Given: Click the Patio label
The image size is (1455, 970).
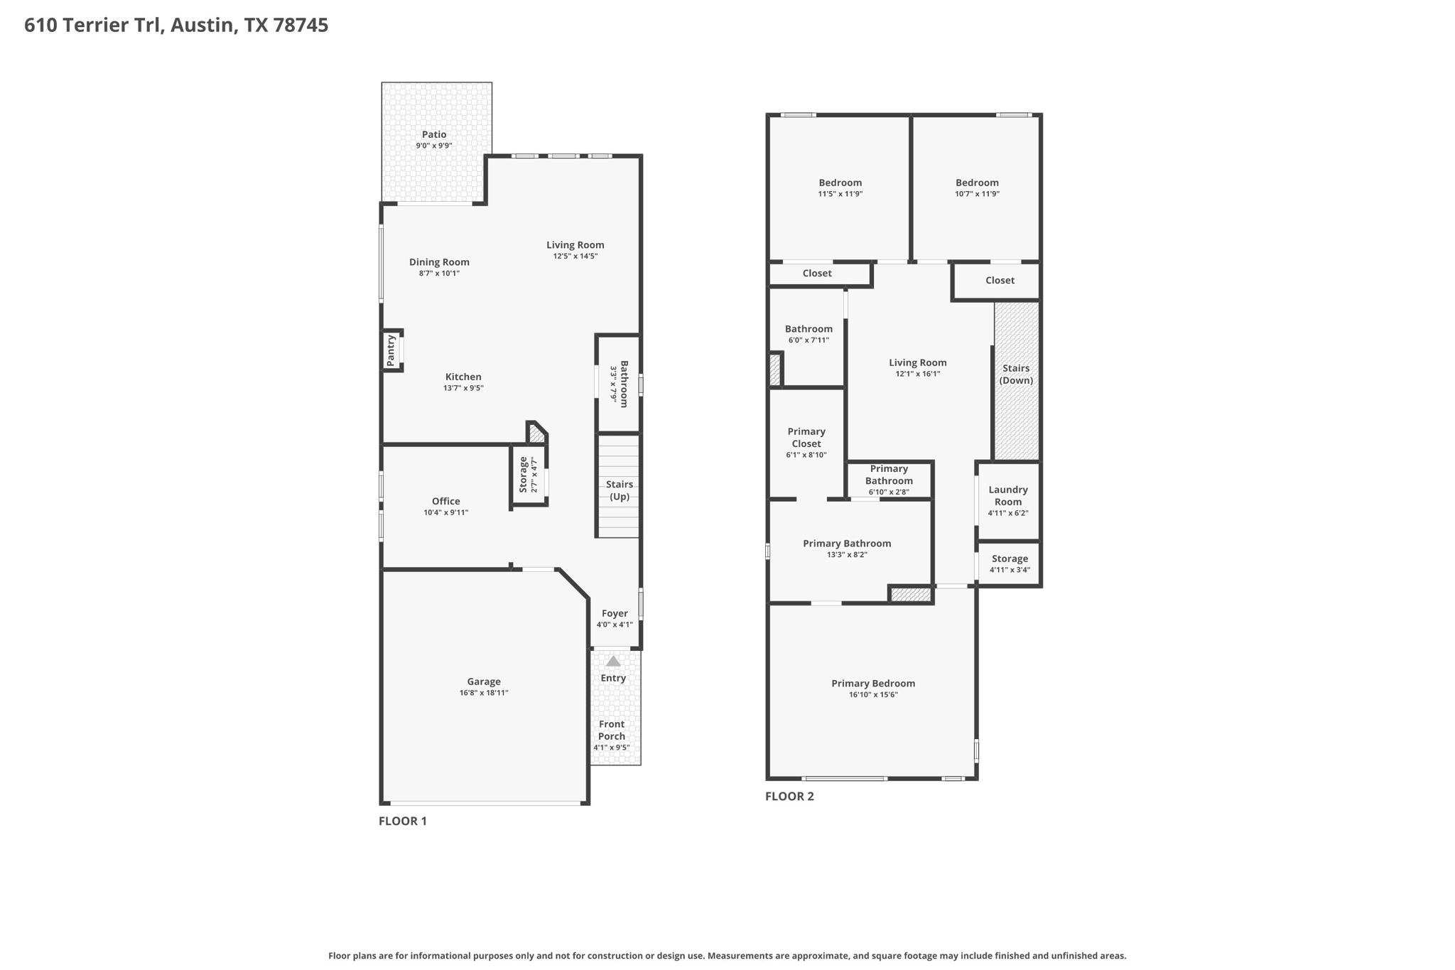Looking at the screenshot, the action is [434, 134].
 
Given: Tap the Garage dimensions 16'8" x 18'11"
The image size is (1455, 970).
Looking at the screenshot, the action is [484, 693].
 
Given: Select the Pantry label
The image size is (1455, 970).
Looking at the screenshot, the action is [391, 351].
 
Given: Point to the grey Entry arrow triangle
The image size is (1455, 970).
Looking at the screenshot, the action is [613, 661].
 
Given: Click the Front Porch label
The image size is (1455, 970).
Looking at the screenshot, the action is [612, 731].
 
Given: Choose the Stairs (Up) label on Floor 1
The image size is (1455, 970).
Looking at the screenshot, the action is [620, 490].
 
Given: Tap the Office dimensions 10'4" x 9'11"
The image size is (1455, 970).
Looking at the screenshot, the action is [446, 512].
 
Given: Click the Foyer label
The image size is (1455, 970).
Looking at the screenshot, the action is [615, 613].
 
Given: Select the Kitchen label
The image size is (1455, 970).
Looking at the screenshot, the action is [463, 377].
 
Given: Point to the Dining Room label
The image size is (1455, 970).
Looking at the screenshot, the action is [439, 262].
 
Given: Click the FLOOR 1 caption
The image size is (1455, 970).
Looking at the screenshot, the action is [403, 821].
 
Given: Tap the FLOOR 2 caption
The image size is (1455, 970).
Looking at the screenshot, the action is [789, 796].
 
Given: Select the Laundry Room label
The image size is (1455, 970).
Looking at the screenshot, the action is [1008, 495].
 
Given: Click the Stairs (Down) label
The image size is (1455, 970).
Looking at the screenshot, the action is [1016, 374].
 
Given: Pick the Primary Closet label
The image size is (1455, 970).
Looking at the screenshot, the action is [806, 437].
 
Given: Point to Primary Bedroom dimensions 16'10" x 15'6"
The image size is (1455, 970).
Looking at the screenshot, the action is [873, 695].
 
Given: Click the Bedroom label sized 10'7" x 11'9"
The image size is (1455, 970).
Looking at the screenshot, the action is [977, 183].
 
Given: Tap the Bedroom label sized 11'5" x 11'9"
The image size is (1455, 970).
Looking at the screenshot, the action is [840, 183].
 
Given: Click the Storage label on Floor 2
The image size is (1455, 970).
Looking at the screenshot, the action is [1010, 559].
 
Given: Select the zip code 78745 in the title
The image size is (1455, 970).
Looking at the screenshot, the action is [301, 26].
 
